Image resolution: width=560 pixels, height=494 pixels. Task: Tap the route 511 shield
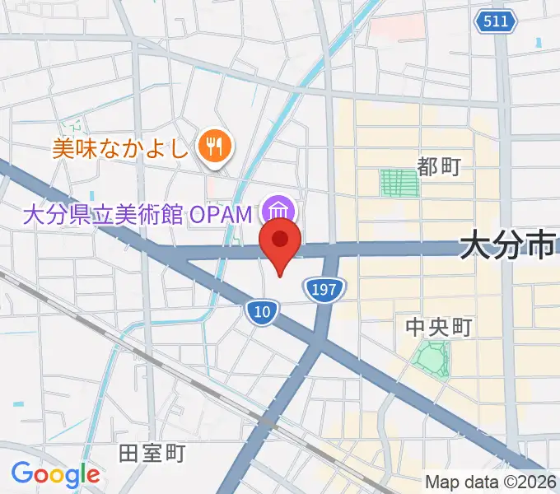coord(496,21)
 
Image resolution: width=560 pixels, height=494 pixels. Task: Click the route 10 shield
coord(262,311)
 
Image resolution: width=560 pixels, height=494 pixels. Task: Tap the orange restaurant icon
coord(216,147)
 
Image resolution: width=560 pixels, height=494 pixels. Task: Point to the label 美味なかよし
coord(122,148)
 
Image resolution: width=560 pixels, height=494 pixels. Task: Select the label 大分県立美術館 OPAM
coord(137,215)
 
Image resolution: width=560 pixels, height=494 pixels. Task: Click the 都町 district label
coord(438,167)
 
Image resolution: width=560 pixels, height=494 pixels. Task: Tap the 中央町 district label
coord(438,328)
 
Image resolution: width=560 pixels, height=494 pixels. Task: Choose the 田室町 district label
coord(152,453)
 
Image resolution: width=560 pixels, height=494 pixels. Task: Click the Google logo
coord(55,473)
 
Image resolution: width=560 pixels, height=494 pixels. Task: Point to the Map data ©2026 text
coord(491,482)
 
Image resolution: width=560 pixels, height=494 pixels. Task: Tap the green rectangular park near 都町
coord(399,183)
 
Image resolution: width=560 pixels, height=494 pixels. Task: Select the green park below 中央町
coord(432,359)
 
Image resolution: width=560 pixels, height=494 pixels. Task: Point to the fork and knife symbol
coord(216,147)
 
